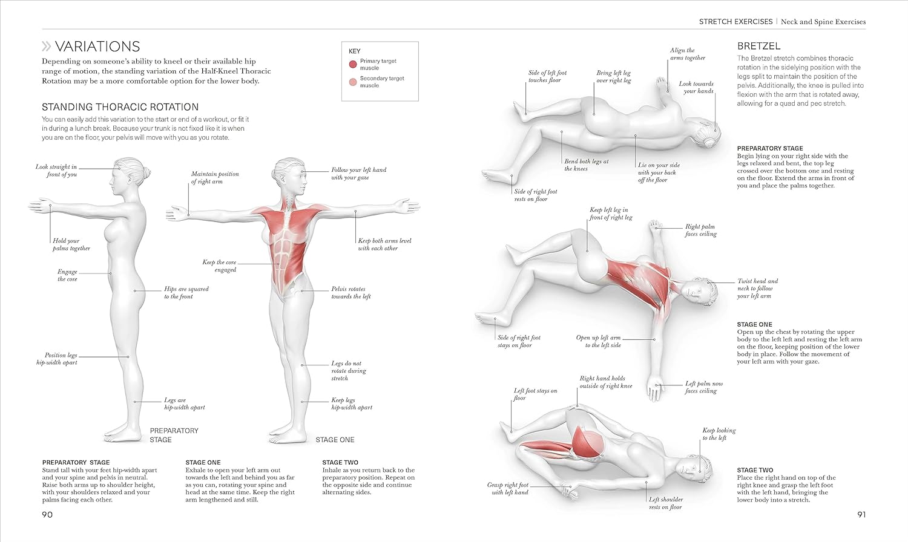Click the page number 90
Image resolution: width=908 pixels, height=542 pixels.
click(47, 515)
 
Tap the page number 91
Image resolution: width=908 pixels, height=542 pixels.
click(861, 515)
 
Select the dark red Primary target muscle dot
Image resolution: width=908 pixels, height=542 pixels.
click(353, 64)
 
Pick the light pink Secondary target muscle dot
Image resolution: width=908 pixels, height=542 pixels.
click(353, 82)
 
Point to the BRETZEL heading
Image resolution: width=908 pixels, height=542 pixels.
click(758, 46)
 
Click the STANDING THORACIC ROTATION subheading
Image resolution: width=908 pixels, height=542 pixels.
click(120, 107)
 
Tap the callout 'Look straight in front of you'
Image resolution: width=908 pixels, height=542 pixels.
click(56, 171)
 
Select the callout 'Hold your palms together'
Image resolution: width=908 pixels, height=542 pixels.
click(71, 244)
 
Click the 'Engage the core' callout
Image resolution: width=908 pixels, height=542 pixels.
click(67, 275)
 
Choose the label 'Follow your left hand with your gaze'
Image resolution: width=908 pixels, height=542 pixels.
click(358, 174)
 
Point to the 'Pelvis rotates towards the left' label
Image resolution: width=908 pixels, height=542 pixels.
click(351, 293)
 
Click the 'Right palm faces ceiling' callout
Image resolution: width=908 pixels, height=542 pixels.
click(700, 230)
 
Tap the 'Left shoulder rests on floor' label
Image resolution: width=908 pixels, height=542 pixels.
click(665, 503)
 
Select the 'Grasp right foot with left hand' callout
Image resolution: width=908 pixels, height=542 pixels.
click(508, 489)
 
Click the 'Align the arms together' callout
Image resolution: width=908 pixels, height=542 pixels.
click(687, 54)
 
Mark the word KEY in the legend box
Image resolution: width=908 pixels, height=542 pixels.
click(354, 51)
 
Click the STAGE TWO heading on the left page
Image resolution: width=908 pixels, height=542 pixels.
click(340, 462)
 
